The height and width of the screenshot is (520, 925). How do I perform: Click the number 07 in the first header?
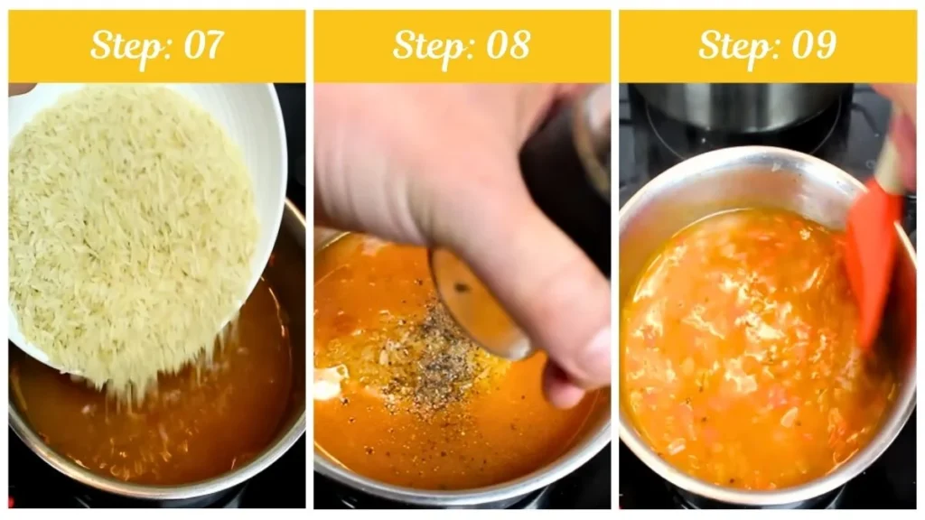pos(203,44)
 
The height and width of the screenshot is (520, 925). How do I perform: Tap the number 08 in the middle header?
pos(508,44)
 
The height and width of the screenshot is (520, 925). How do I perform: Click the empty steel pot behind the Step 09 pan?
pos(741,109)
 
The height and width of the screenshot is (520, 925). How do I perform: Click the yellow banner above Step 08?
pos(462,46)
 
